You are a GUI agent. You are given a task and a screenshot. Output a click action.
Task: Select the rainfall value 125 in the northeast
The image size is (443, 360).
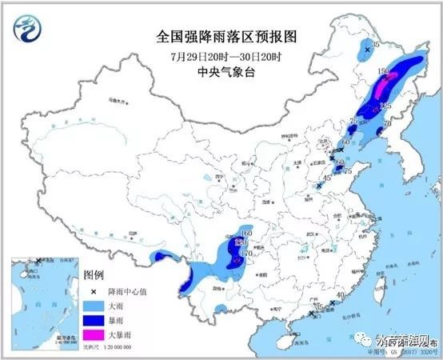coord(385,106)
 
